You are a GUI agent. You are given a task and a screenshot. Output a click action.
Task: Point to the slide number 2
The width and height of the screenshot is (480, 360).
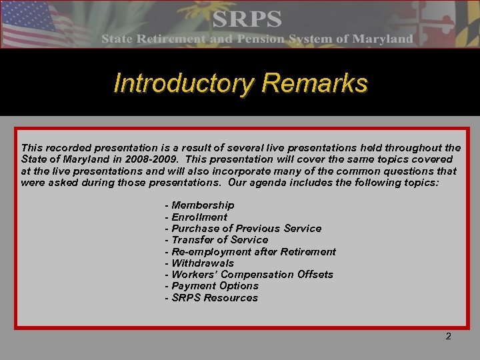pyautogui.click(x=448, y=337)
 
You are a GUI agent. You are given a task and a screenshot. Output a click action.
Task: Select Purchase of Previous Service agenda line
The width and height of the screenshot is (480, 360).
pyautogui.click(x=243, y=228)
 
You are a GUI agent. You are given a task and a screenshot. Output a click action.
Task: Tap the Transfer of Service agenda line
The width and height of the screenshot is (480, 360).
pyautogui.click(x=216, y=239)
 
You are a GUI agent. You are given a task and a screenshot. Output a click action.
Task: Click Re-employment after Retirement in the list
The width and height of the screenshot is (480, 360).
pyautogui.click(x=250, y=251)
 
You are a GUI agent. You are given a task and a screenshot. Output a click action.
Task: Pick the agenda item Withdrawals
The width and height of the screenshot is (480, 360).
pyautogui.click(x=199, y=263)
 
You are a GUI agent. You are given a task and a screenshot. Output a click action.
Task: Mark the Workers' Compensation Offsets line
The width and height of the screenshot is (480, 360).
pyautogui.click(x=249, y=274)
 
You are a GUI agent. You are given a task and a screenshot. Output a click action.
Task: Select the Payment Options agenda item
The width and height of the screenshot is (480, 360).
pyautogui.click(x=211, y=285)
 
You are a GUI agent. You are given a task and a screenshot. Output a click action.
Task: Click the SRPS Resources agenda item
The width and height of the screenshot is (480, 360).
pyautogui.click(x=211, y=297)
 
